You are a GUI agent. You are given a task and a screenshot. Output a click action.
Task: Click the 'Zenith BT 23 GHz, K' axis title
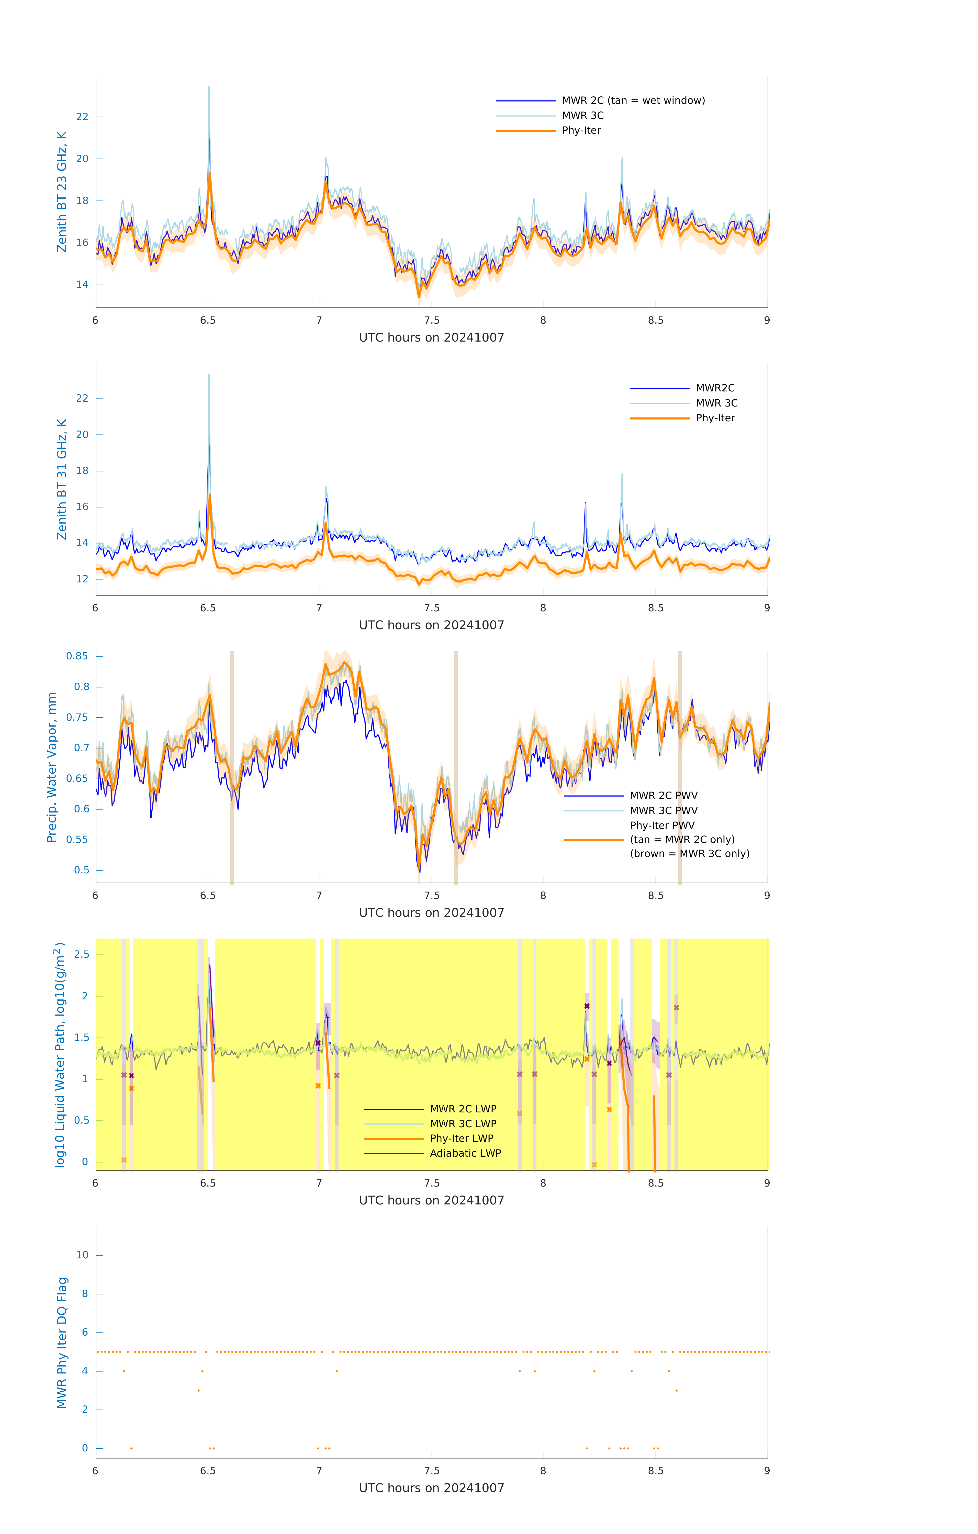[x=62, y=192]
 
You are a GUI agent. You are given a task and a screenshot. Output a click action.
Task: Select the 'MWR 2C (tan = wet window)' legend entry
[x=633, y=101]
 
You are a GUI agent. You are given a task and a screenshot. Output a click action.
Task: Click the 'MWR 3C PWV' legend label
[x=663, y=810]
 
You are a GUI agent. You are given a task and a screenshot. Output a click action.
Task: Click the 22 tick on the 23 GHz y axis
[x=82, y=117]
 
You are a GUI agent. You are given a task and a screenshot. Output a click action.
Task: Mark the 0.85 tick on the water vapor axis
[x=77, y=656]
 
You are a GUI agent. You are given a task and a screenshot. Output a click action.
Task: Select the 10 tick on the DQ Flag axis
[x=82, y=1255]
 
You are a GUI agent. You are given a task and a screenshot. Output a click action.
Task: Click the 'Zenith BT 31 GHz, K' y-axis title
[x=62, y=479]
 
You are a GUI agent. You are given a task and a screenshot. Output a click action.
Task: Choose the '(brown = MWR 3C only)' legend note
[x=689, y=854]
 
